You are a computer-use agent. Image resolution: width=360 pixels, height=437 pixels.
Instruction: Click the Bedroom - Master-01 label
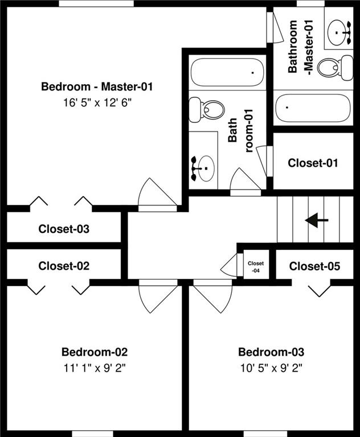tap(97, 87)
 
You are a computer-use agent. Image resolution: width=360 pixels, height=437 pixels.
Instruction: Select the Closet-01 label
tap(313, 163)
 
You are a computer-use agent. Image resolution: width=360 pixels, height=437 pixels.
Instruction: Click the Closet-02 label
tap(64, 266)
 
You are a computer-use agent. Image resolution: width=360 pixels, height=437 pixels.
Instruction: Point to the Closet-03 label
tap(64, 229)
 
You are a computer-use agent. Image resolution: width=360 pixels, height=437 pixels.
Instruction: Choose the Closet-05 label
tap(314, 266)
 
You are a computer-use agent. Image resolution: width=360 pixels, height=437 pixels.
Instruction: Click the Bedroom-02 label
tap(94, 352)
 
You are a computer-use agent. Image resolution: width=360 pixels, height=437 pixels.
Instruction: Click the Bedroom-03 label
tap(271, 352)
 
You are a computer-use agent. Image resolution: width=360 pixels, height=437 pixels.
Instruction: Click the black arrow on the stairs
tap(317, 220)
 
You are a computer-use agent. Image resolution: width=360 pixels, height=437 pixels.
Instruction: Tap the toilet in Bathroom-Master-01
tap(329, 68)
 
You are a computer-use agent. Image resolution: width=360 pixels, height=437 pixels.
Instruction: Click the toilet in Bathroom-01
tap(207, 109)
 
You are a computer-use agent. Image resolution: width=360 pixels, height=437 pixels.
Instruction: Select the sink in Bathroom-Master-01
tap(341, 31)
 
